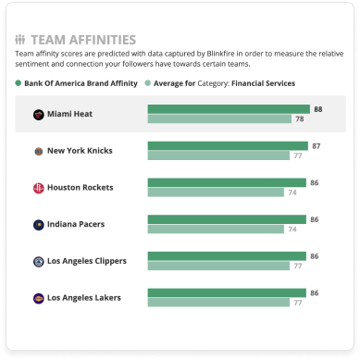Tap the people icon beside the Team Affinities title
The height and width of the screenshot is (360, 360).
(20, 41)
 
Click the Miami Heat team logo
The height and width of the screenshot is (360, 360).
(37, 115)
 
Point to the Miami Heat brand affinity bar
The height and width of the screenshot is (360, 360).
(229, 109)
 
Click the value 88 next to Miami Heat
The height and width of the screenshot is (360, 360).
(318, 109)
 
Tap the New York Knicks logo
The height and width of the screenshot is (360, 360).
(37, 151)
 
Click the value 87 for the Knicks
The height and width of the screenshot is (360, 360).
(316, 146)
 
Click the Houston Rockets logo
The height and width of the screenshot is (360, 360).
(37, 188)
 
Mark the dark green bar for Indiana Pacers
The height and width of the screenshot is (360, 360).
(227, 219)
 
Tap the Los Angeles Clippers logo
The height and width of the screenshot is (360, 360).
(37, 261)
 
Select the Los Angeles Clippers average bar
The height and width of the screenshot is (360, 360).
(218, 266)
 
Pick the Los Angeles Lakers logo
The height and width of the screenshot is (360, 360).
(37, 297)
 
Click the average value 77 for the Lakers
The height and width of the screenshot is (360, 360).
(297, 303)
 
